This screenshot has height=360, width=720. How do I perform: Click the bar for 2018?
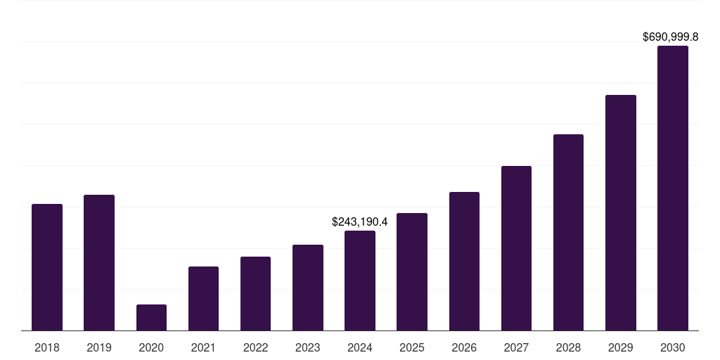tap(47, 267)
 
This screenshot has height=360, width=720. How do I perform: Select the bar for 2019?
tap(99, 262)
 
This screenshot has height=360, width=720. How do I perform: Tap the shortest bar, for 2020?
tap(151, 317)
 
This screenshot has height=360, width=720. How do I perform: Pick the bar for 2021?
tap(203, 298)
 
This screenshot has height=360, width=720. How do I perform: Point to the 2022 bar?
tap(255, 293)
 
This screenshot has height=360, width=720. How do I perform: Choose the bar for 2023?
tap(308, 288)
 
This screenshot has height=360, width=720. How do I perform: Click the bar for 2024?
tap(360, 281)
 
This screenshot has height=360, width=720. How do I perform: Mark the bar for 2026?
tap(464, 261)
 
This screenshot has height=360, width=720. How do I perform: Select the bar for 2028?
tap(568, 232)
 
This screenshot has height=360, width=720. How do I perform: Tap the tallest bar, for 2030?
tap(673, 188)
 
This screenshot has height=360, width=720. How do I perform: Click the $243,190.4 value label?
tap(360, 221)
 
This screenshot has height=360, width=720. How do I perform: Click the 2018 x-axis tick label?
tap(47, 347)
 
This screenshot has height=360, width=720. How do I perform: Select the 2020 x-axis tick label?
tap(151, 347)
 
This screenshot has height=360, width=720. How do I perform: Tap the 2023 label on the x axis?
tap(308, 347)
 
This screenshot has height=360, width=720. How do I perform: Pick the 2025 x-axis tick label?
tap(412, 347)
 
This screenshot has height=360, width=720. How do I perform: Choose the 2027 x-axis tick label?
tap(516, 347)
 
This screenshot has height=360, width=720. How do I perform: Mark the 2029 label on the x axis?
tap(621, 347)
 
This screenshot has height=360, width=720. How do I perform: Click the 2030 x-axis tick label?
tap(673, 347)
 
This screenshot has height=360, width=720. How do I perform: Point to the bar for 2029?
tap(621, 212)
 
